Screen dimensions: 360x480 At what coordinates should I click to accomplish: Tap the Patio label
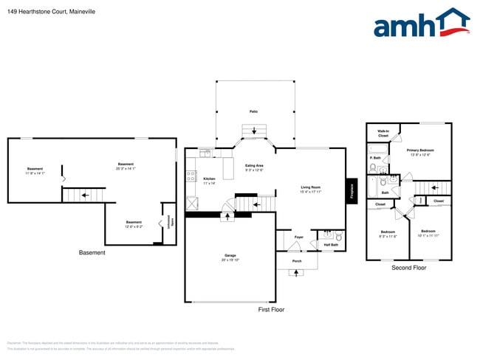coord(253,111)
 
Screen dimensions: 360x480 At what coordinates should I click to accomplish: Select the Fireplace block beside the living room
coord(352,191)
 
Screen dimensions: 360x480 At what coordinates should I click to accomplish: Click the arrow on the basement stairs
coord(85,195)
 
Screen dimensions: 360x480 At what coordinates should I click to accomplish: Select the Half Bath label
coord(331,244)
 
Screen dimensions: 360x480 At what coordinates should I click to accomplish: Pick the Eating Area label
coord(254,166)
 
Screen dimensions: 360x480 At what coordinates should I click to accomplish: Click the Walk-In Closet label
coord(383,134)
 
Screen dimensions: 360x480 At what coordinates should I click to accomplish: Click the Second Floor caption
coord(408,267)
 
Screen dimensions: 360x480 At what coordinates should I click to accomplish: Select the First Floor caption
coord(271,309)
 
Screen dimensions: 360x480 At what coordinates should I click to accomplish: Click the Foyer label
coord(299,237)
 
